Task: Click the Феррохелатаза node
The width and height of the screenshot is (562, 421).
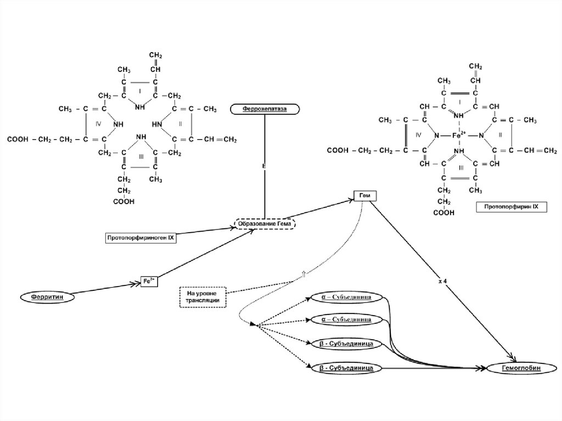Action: pos(266,109)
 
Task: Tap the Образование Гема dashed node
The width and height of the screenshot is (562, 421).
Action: pos(265,224)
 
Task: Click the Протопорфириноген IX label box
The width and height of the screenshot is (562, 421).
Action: pos(140,238)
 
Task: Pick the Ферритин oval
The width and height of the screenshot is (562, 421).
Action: pos(47,296)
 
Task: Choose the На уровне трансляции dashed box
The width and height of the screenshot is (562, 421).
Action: pos(203,296)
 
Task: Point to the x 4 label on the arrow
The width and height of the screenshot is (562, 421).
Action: pos(442,280)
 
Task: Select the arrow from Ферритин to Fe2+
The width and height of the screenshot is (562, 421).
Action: pos(104,289)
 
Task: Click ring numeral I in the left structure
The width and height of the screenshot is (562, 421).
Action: pos(140,90)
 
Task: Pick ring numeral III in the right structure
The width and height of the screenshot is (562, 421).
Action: pos(460,167)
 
